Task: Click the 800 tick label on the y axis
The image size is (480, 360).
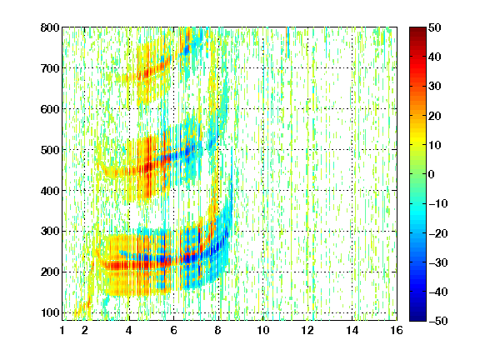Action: (x=50, y=27)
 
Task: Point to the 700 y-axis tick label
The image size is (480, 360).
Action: (x=50, y=68)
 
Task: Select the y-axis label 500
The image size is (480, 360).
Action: (x=50, y=150)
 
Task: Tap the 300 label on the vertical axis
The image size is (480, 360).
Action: (x=50, y=231)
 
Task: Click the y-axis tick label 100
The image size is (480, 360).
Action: (x=50, y=312)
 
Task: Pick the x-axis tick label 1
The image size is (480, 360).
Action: (x=62, y=330)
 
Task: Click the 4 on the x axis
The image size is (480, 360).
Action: (x=129, y=330)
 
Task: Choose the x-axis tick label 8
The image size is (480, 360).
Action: (x=218, y=330)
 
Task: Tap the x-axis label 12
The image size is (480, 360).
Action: (x=307, y=330)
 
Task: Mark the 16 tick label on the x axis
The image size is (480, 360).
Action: (x=397, y=330)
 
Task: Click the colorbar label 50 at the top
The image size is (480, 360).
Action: (x=435, y=27)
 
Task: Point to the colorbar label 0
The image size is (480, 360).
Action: (x=432, y=174)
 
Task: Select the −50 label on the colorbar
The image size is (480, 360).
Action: (x=438, y=321)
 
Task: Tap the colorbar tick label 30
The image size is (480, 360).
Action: (x=435, y=87)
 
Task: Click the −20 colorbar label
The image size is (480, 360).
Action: (x=438, y=233)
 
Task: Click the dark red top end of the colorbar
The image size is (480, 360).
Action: (x=417, y=29)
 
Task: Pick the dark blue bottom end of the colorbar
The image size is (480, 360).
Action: (x=417, y=318)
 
